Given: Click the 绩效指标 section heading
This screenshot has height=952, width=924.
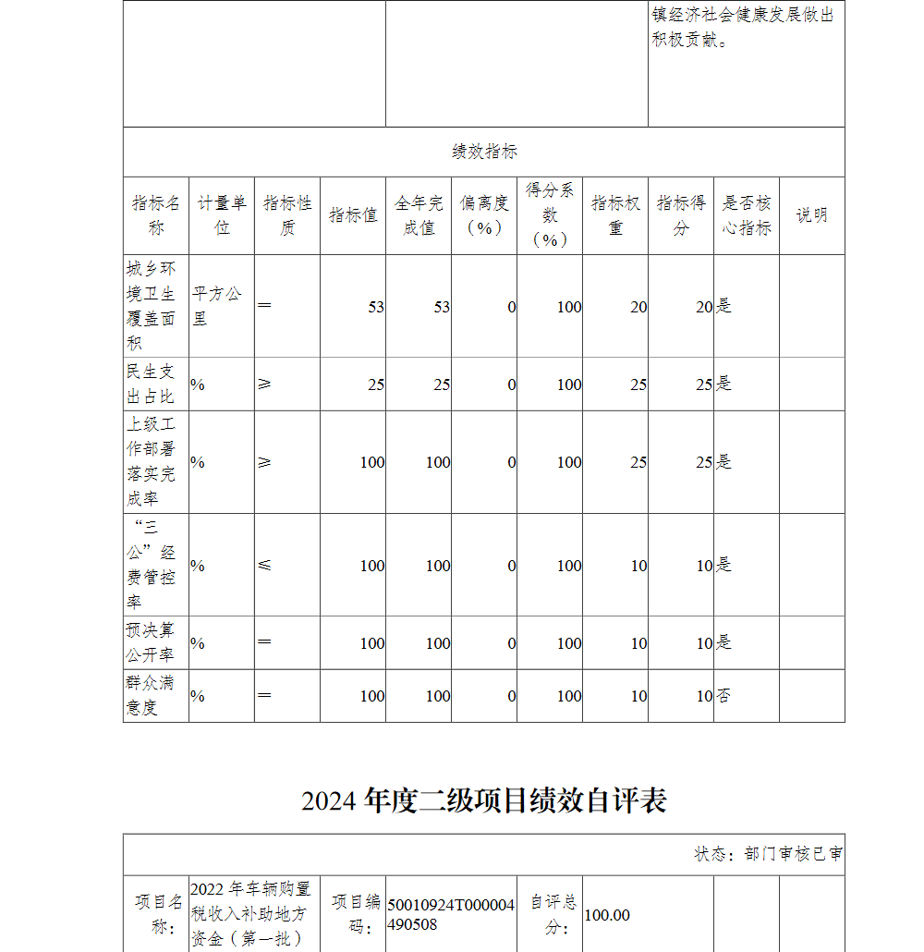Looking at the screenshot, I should pyautogui.click(x=484, y=152).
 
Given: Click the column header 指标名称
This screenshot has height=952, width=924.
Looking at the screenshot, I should pyautogui.click(x=156, y=215).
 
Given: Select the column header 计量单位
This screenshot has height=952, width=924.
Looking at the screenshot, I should pyautogui.click(x=222, y=215).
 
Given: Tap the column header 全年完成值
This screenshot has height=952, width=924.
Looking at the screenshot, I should pyautogui.click(x=419, y=215).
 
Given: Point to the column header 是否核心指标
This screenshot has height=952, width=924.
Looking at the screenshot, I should pyautogui.click(x=746, y=215).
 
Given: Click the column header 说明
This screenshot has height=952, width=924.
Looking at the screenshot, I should pyautogui.click(x=811, y=215).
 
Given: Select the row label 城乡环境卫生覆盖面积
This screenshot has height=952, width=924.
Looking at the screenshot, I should pyautogui.click(x=152, y=306).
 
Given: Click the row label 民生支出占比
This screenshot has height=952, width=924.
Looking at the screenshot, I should pyautogui.click(x=151, y=384).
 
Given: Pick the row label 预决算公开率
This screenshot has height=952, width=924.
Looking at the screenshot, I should pyautogui.click(x=151, y=642).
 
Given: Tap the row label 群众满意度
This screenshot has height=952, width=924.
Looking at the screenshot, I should pyautogui.click(x=150, y=695).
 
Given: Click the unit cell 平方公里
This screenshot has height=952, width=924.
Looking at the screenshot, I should pyautogui.click(x=217, y=306).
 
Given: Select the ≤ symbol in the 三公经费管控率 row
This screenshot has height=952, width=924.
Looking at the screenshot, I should pyautogui.click(x=265, y=565).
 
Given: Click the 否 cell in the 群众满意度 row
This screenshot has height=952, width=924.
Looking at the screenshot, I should pyautogui.click(x=723, y=696).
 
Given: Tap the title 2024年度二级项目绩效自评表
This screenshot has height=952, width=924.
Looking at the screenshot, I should pyautogui.click(x=484, y=800).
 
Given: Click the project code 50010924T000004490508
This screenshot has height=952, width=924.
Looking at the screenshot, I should pyautogui.click(x=451, y=914).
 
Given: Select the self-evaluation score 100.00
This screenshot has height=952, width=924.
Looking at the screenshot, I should pyautogui.click(x=607, y=915).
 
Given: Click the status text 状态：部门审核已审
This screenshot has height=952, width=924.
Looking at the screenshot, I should pyautogui.click(x=768, y=854).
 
